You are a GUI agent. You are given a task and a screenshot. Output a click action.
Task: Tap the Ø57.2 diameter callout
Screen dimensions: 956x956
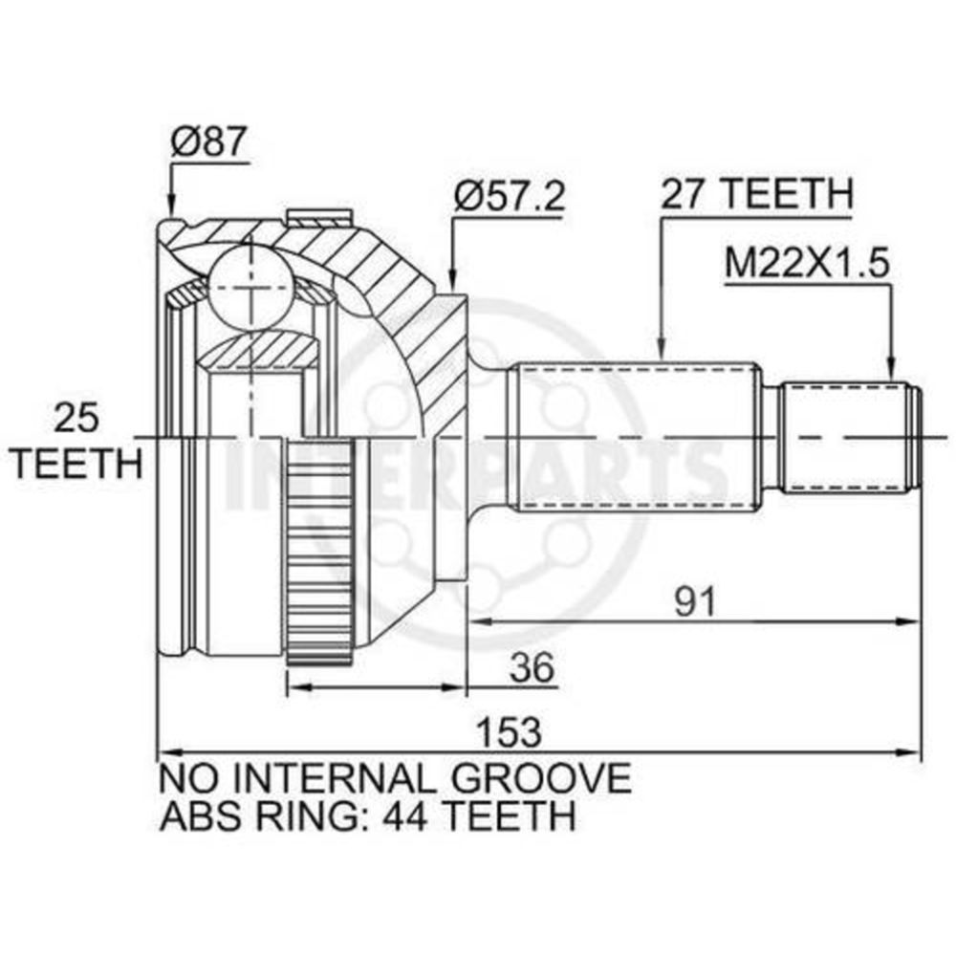[510, 196]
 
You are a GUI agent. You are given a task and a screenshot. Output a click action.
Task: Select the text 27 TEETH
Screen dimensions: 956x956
[756, 194]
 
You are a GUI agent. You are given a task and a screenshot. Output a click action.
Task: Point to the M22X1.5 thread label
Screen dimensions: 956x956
[807, 263]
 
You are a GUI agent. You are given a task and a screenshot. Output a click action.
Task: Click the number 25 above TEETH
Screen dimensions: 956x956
[76, 419]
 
